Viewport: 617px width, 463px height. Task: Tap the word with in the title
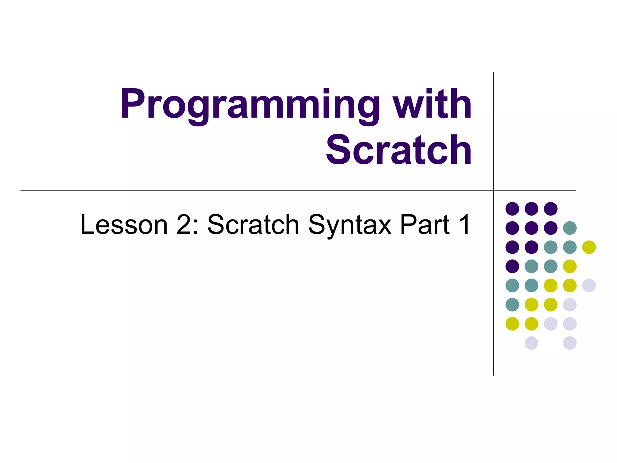pyautogui.click(x=433, y=104)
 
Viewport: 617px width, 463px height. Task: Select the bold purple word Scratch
pyautogui.click(x=399, y=150)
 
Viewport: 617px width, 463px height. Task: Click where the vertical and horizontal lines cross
pyautogui.click(x=493, y=190)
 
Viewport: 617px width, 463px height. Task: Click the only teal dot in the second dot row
pyautogui.click(x=570, y=228)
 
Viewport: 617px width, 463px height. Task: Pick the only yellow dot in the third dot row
pyautogui.click(x=589, y=247)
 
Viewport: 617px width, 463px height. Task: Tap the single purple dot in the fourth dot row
pyautogui.click(x=512, y=266)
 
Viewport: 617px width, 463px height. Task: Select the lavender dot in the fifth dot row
pyautogui.click(x=589, y=285)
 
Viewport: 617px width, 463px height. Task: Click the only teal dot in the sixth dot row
pyautogui.click(x=512, y=304)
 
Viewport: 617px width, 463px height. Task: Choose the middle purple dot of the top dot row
pyautogui.click(x=531, y=209)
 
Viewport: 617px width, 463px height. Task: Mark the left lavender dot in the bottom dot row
pyautogui.click(x=531, y=343)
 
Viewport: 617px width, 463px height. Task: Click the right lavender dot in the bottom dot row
pyautogui.click(x=570, y=343)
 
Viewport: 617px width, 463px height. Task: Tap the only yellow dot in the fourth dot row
pyautogui.click(x=570, y=266)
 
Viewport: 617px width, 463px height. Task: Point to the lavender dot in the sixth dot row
pyautogui.click(x=570, y=304)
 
